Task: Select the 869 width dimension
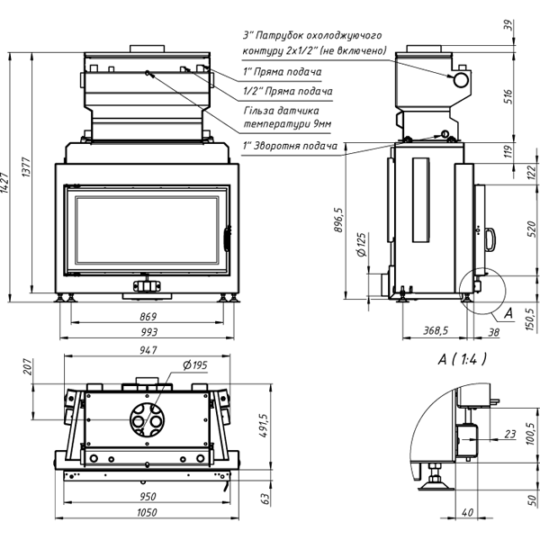coord(149,317)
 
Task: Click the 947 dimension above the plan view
coord(149,350)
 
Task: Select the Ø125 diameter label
coord(361,246)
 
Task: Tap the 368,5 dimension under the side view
coord(436,331)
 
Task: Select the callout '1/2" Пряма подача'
coord(288,91)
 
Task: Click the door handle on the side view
coord(490,238)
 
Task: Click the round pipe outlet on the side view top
coord(462,80)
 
